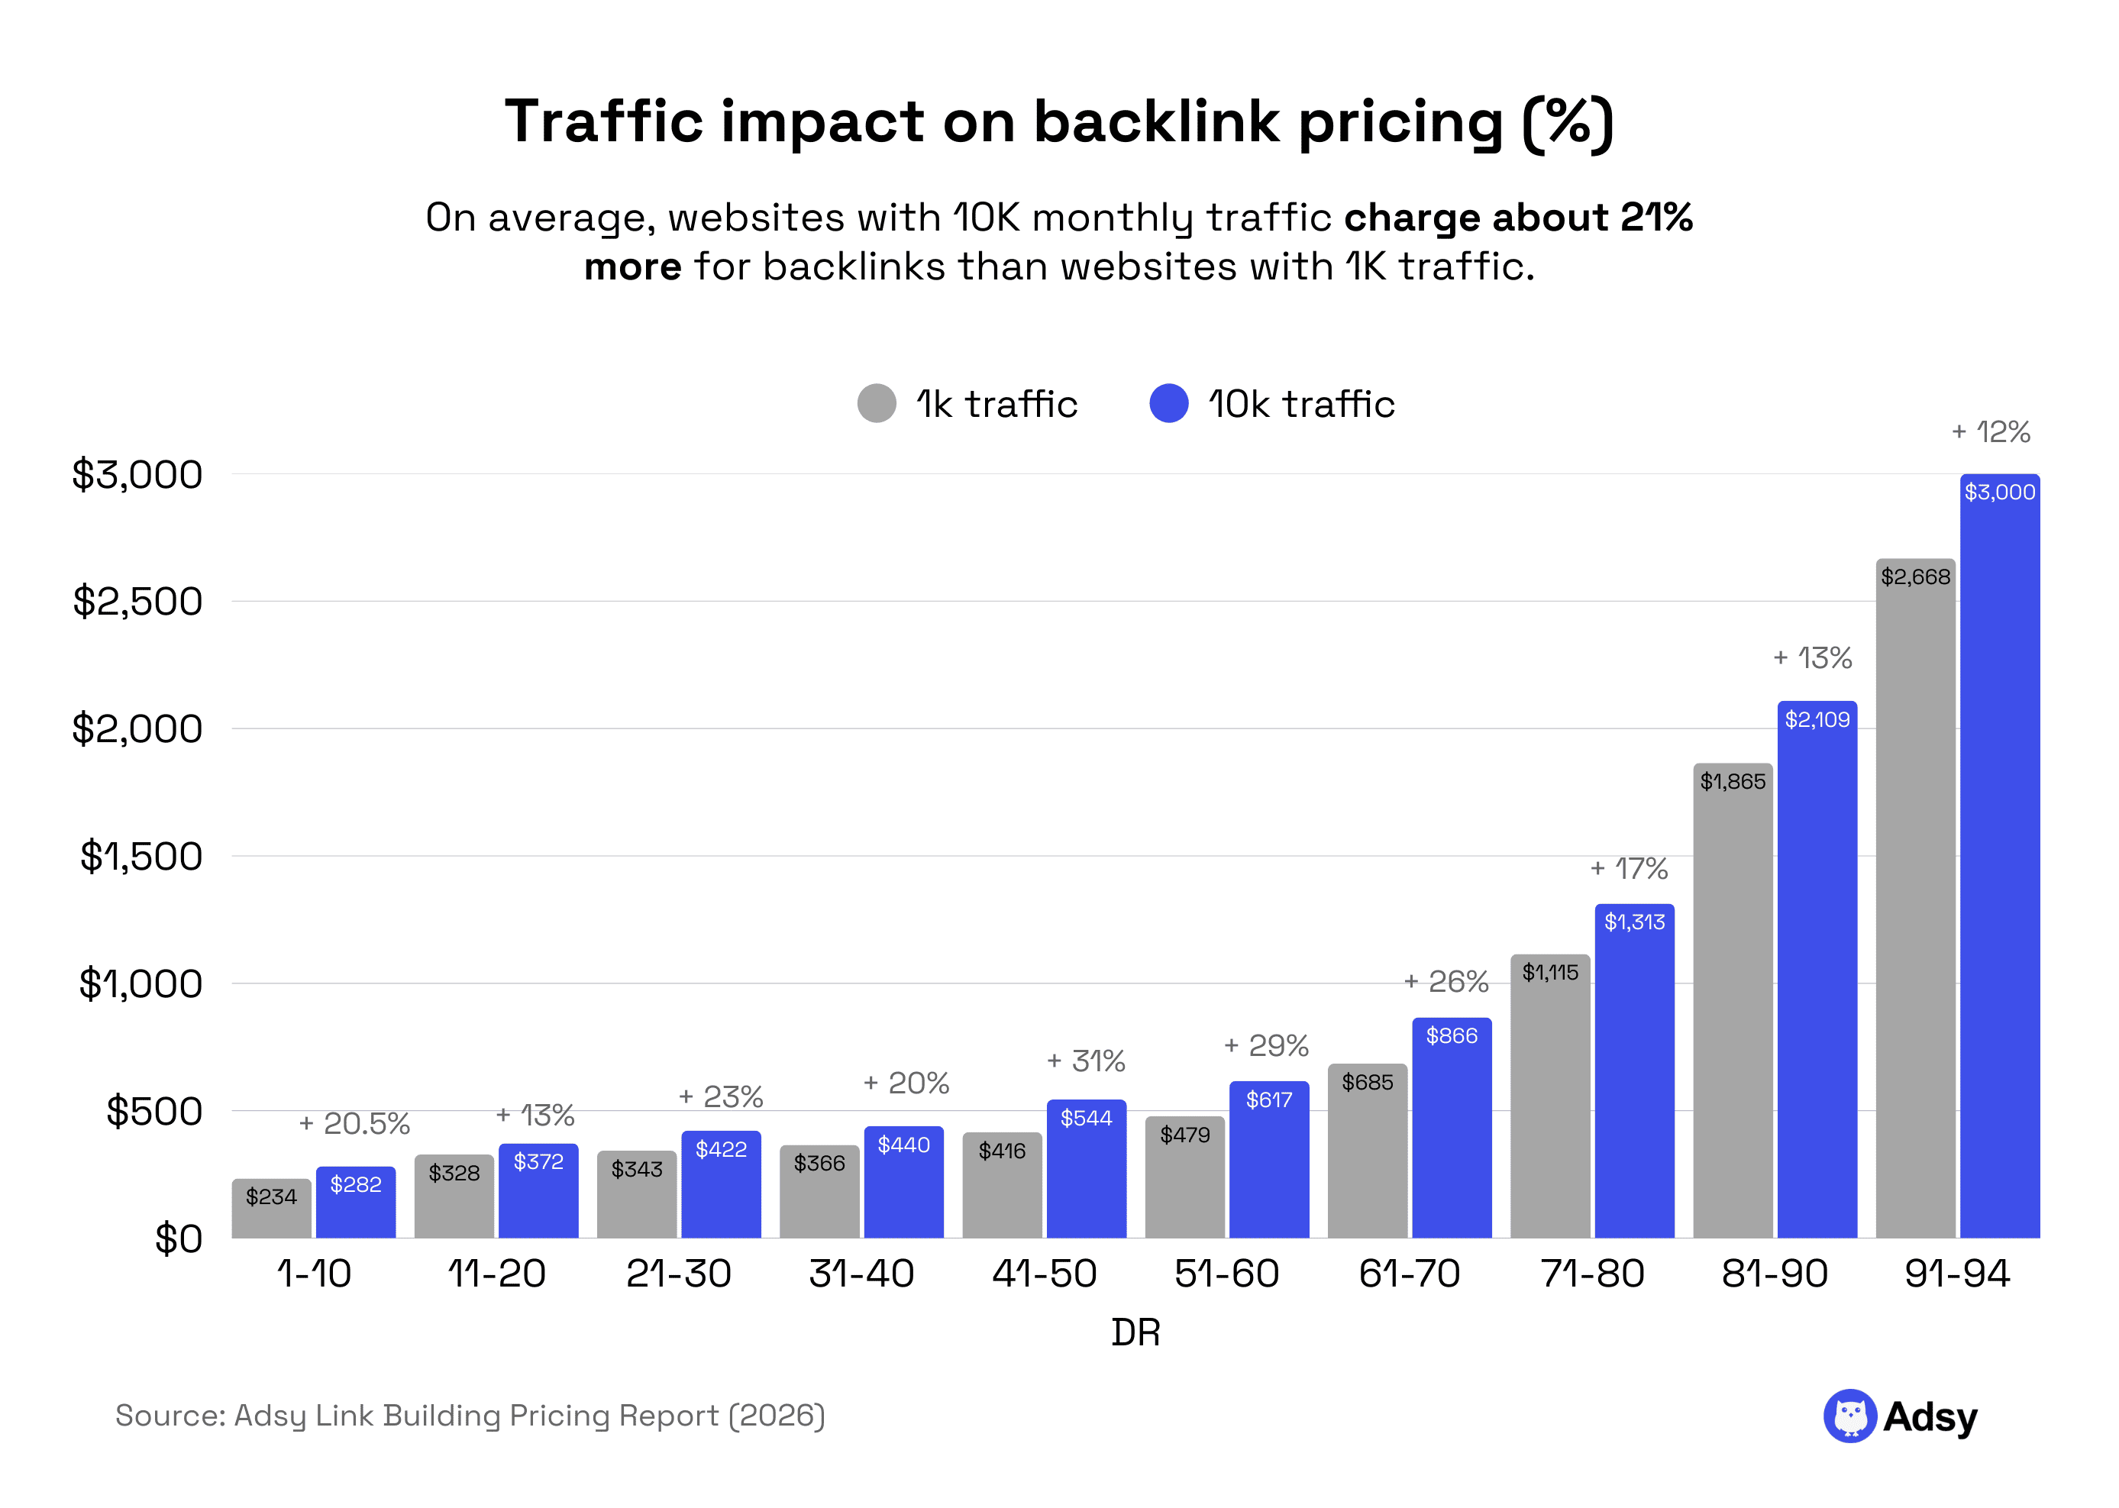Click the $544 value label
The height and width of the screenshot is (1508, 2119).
coord(1086,1118)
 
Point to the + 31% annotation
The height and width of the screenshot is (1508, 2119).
coord(1086,1061)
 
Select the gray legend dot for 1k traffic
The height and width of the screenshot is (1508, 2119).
coord(876,403)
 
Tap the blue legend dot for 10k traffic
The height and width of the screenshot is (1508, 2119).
coord(1168,403)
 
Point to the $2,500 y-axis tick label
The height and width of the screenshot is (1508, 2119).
coord(137,602)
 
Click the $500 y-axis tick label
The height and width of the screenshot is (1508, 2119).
coord(153,1110)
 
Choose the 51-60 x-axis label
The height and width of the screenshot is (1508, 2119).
coord(1226,1273)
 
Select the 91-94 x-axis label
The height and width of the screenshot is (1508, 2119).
coord(1956,1273)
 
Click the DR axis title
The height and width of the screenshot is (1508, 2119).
coord(1135,1332)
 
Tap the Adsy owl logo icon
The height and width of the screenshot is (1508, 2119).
coord(1849,1416)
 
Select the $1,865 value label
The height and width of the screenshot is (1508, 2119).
coord(1732,781)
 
